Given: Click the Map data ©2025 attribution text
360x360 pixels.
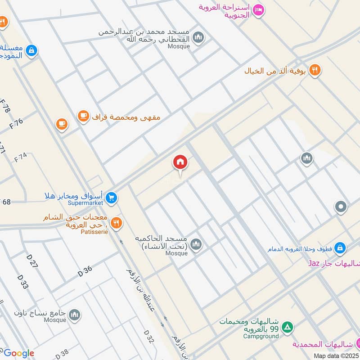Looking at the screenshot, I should pos(337,355).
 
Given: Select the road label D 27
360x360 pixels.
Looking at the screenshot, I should pos(32,261).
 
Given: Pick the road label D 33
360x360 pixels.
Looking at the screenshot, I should pos(22,282).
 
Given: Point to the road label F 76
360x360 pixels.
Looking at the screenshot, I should pos(16,123).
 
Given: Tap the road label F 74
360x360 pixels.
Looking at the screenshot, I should pos(21,157).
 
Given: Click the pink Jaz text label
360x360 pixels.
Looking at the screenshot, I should pos(313,262).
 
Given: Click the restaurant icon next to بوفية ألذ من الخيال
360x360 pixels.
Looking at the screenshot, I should pos(315,70).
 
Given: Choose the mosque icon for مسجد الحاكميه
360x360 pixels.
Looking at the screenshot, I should pos(196,245).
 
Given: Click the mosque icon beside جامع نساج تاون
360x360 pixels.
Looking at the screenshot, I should pos(75,315).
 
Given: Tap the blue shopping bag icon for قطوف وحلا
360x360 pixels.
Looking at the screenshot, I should pos(340,247).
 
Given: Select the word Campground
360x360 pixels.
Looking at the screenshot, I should pos(261,336).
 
